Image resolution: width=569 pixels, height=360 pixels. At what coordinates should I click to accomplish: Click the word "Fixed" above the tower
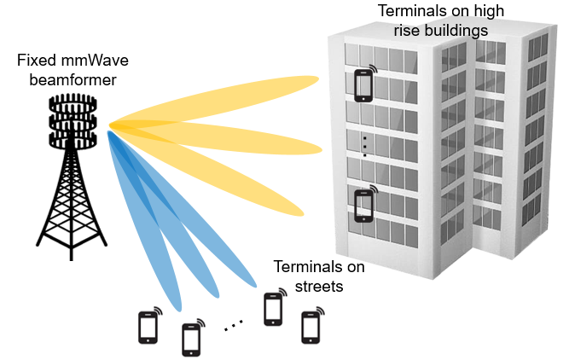click(36, 62)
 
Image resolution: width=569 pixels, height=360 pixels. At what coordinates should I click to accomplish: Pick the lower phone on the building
click(365, 205)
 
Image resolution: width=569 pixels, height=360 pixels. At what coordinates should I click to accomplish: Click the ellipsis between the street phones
click(233, 325)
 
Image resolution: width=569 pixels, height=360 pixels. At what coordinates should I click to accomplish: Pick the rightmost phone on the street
click(311, 327)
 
